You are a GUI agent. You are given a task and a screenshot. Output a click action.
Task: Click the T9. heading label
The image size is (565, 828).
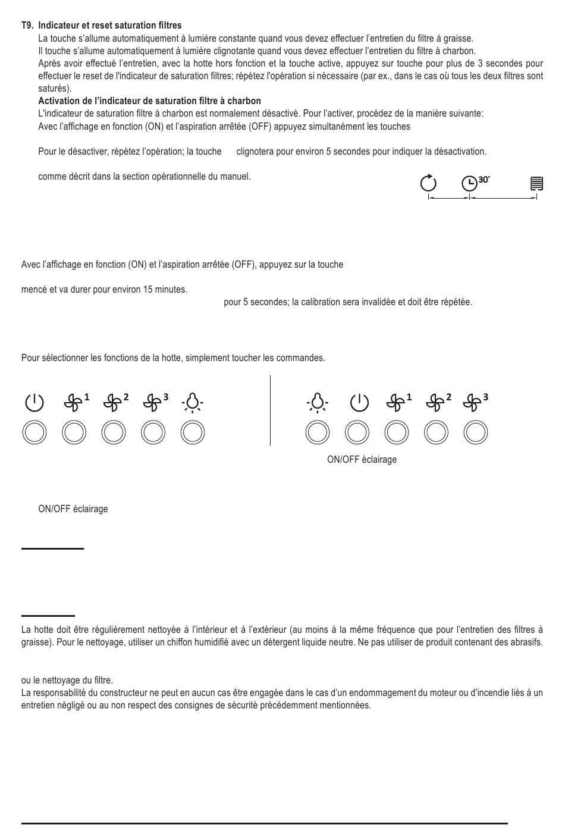tap(27, 26)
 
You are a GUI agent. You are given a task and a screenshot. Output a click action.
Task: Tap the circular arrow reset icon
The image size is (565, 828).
tap(428, 183)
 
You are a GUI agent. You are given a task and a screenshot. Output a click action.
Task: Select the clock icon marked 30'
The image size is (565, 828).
tap(470, 183)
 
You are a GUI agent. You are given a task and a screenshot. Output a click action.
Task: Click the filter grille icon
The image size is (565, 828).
tap(536, 183)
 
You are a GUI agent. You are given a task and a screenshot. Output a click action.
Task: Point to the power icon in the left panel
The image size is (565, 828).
tap(34, 403)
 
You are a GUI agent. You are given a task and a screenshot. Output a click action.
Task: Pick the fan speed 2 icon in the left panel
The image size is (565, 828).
tap(112, 403)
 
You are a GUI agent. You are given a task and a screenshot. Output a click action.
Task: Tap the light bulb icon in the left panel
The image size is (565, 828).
tap(193, 403)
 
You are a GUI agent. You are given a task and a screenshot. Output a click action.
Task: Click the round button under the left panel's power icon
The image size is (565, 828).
tap(34, 432)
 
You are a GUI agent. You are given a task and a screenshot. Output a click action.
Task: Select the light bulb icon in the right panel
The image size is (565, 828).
tap(318, 403)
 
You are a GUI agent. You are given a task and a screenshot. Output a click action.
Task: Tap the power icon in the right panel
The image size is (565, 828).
tap(359, 403)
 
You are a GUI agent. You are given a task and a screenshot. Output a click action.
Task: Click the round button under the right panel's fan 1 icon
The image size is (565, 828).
tap(397, 432)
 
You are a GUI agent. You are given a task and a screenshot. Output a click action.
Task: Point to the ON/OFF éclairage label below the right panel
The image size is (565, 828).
tap(362, 460)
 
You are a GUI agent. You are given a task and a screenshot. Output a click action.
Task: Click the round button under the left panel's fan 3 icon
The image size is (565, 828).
tap(153, 432)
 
